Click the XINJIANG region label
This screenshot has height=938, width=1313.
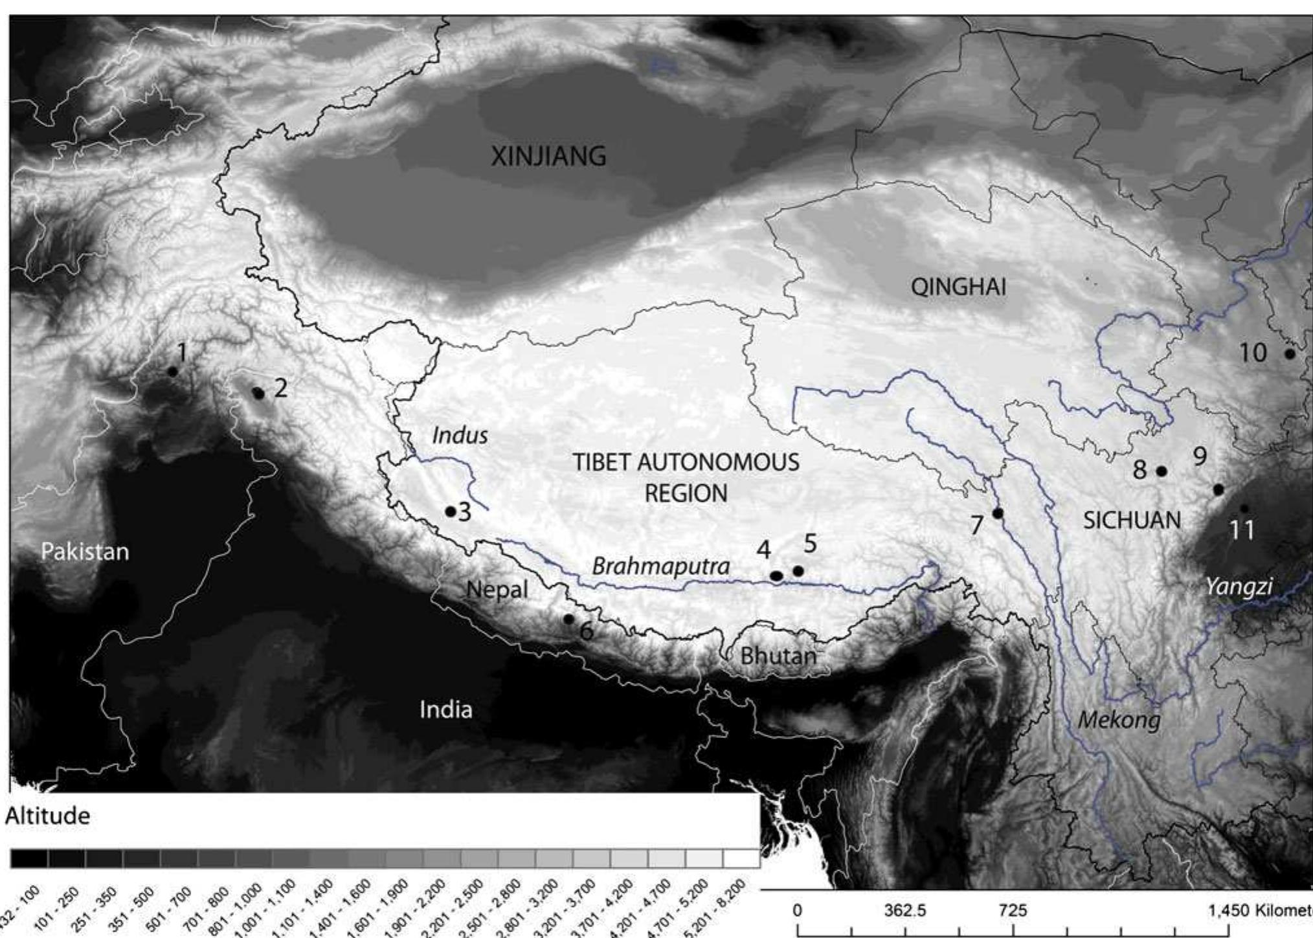pyautogui.click(x=548, y=157)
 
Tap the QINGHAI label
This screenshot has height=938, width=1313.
pyautogui.click(x=958, y=287)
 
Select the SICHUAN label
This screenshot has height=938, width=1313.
pyautogui.click(x=1132, y=520)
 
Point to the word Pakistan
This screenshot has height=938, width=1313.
pyautogui.click(x=85, y=552)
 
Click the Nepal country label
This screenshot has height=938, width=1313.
pyautogui.click(x=497, y=590)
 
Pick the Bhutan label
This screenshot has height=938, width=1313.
pyautogui.click(x=778, y=656)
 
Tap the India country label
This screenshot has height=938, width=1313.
pyautogui.click(x=445, y=710)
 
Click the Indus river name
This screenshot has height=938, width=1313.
pyautogui.click(x=460, y=435)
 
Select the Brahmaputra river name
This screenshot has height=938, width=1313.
pyautogui.click(x=660, y=566)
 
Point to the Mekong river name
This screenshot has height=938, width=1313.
pyautogui.click(x=1119, y=719)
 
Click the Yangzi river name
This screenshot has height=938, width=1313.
pyautogui.click(x=1239, y=587)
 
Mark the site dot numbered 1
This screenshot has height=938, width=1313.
pyautogui.click(x=172, y=372)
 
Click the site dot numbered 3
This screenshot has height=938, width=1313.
pyautogui.click(x=451, y=511)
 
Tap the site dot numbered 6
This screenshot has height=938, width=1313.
pyautogui.click(x=568, y=619)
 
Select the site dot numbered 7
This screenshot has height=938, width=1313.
pyautogui.click(x=998, y=513)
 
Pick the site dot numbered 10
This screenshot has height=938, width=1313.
pyautogui.click(x=1289, y=354)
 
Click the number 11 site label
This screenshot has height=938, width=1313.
pyautogui.click(x=1241, y=531)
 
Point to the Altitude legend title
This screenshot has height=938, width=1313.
pyautogui.click(x=47, y=816)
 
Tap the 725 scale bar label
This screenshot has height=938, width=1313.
pyautogui.click(x=1013, y=911)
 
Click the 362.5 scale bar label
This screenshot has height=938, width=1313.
pyautogui.click(x=905, y=911)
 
